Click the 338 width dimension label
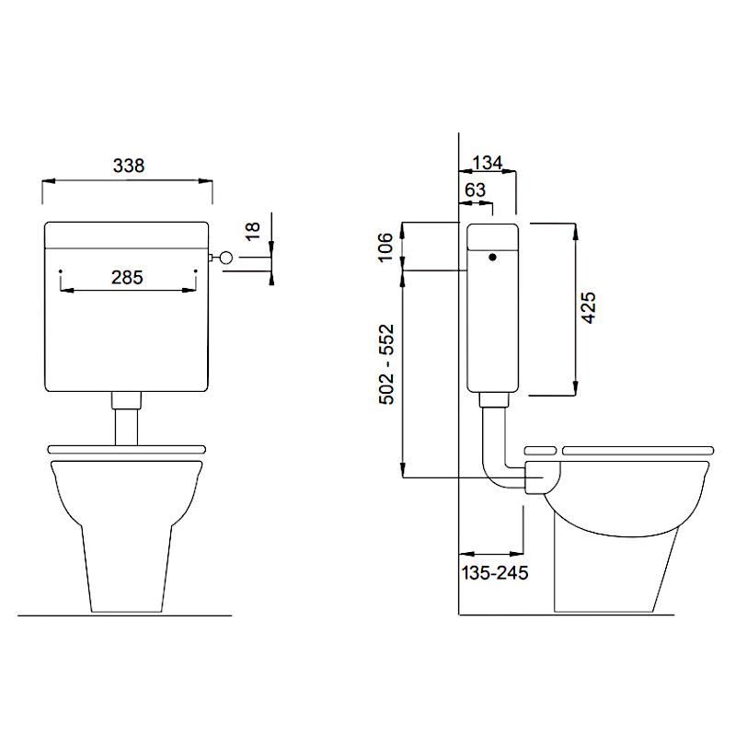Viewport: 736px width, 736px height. tap(129, 166)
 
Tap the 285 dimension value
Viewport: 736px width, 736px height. tap(127, 278)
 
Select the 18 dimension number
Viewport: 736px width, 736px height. tap(252, 231)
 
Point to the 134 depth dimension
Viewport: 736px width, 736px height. tap(488, 163)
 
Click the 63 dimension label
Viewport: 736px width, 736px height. tap(475, 190)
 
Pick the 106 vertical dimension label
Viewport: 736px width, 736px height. tap(385, 247)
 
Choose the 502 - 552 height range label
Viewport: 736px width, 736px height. tap(386, 364)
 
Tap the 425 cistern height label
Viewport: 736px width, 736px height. tap(588, 307)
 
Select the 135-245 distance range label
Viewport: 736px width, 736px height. tap(495, 572)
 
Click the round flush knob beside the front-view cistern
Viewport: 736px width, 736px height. tap(225, 257)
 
